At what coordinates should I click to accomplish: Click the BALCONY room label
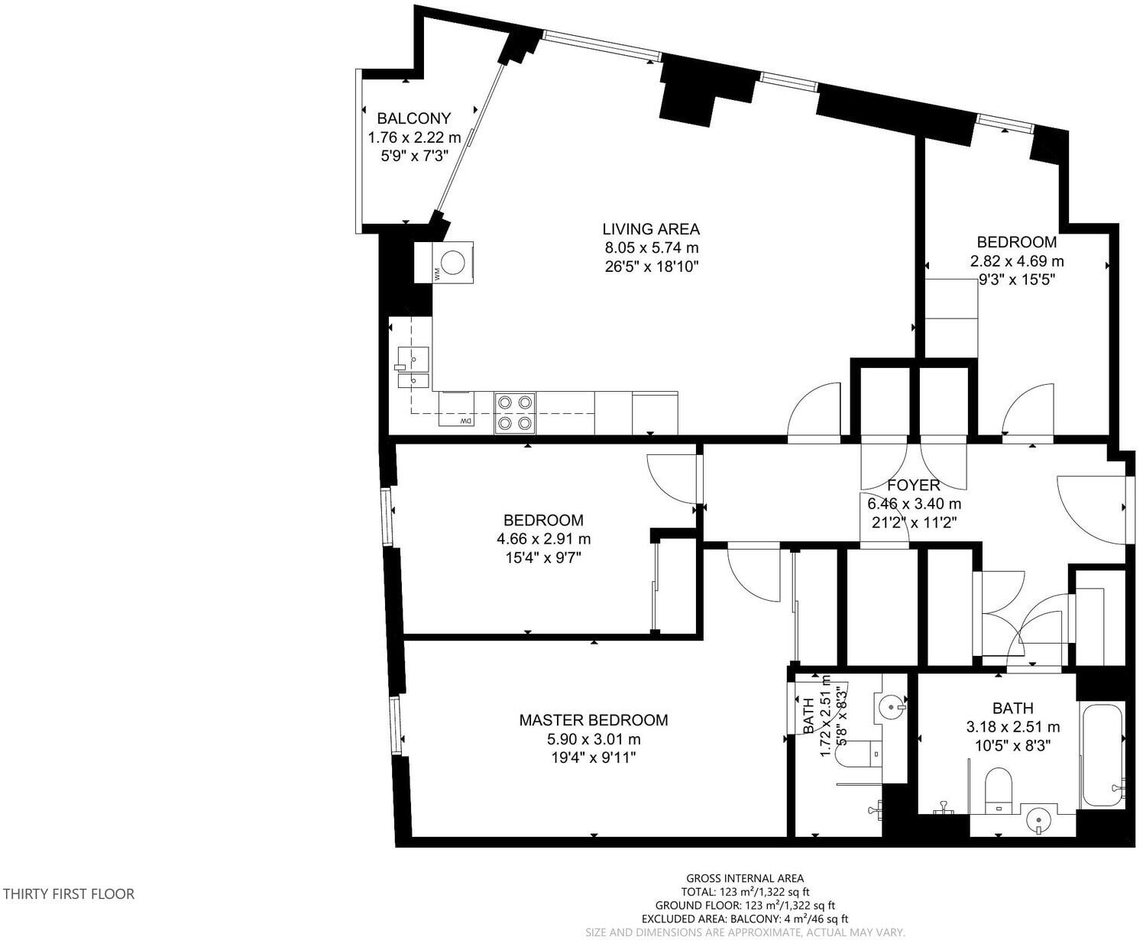[414, 118]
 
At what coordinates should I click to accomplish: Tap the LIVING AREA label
[651, 229]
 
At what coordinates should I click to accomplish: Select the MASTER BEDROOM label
[594, 720]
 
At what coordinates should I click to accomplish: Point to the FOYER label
[914, 485]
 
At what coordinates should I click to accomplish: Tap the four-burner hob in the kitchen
[515, 412]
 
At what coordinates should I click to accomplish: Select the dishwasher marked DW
[456, 409]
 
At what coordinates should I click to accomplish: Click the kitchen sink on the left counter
[413, 367]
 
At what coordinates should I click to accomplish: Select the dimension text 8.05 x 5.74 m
[652, 248]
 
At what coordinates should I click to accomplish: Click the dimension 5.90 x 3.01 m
[594, 739]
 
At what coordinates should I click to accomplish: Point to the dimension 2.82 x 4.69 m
[1017, 261]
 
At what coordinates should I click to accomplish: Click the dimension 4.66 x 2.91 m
[543, 539]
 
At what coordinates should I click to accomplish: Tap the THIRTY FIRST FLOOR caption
[69, 894]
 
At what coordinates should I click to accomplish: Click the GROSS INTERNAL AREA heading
[745, 879]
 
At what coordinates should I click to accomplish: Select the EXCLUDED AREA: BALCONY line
[745, 919]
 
